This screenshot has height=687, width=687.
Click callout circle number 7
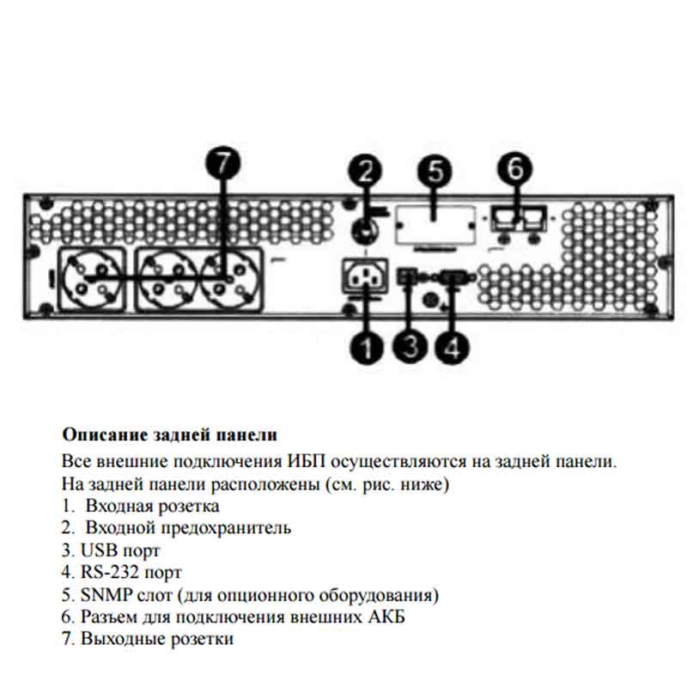tap(223, 163)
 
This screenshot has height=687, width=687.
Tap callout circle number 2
tap(366, 171)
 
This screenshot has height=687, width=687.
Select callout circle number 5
tap(435, 171)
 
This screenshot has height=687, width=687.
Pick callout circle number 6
tap(514, 168)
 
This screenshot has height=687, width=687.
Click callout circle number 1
tap(367, 348)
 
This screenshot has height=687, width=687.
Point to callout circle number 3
tap(410, 347)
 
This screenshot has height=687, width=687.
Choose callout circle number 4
tap(453, 347)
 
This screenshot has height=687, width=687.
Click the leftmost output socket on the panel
tap(92, 279)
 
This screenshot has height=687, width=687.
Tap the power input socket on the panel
tap(364, 276)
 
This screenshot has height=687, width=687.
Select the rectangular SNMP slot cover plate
tap(435, 226)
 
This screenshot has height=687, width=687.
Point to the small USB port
tap(405, 277)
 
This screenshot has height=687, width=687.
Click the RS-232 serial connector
tap(453, 277)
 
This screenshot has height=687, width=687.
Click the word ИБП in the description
tap(307, 461)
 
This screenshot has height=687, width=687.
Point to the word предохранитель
tap(226, 528)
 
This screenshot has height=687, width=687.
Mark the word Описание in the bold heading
tap(105, 435)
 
